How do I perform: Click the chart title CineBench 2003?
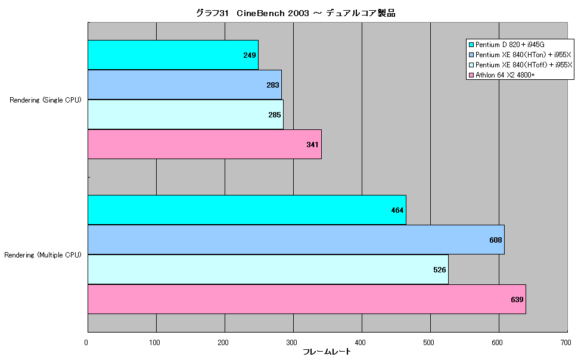pyautogui.click(x=272, y=13)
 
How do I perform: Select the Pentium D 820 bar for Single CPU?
pyautogui.click(x=173, y=55)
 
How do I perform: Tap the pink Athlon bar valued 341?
pyautogui.click(x=204, y=144)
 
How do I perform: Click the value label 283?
pyautogui.click(x=273, y=85)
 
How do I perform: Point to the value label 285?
pyautogui.click(x=275, y=115)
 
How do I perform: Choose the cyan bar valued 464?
pyautogui.click(x=247, y=210)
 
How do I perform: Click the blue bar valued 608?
pyautogui.click(x=296, y=240)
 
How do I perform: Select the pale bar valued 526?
pyautogui.click(x=268, y=269)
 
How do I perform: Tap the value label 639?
pyautogui.click(x=517, y=300)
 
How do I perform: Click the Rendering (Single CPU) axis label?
pyautogui.click(x=45, y=100)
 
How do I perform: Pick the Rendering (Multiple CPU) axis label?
pyautogui.click(x=43, y=255)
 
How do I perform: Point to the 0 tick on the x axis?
pyautogui.click(x=86, y=343)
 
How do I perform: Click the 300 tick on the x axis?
pyautogui.click(x=291, y=343)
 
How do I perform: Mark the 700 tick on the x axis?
pyautogui.click(x=566, y=343)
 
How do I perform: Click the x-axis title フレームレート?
pyautogui.click(x=327, y=352)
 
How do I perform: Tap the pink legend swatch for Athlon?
pyautogui.click(x=471, y=75)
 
